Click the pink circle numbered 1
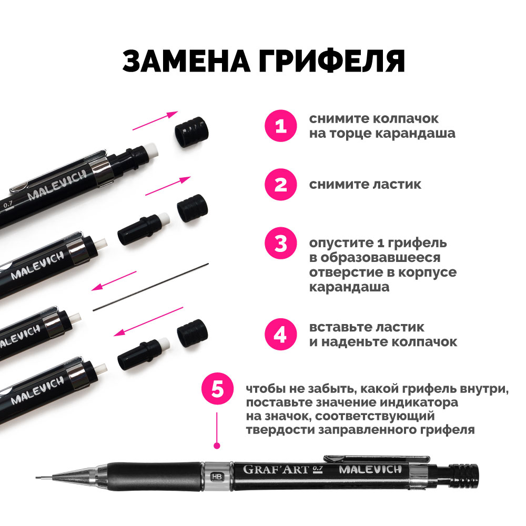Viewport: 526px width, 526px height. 281,126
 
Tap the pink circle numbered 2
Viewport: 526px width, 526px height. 281,185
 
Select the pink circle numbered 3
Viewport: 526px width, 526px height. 281,243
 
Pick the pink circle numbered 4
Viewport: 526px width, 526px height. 281,334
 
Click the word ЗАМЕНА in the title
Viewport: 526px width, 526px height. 186,62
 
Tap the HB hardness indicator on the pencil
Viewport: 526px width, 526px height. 217,477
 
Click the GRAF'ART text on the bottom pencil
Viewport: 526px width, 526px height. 276,469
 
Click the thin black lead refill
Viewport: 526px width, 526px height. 150,287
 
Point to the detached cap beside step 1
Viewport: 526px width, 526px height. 191,132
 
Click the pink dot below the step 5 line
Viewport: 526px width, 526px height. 217,446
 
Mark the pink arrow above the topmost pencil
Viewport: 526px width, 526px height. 155,121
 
